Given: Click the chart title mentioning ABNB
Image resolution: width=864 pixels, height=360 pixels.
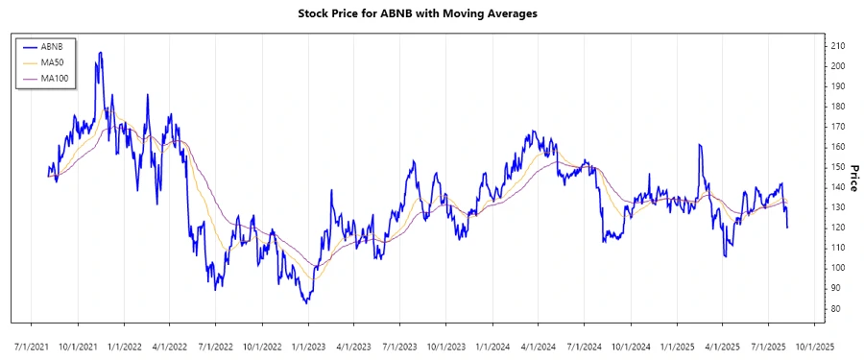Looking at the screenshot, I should (432, 15).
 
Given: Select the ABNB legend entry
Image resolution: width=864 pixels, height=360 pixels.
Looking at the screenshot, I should (53, 46).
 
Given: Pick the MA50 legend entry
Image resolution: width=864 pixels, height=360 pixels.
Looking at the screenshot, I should (54, 61).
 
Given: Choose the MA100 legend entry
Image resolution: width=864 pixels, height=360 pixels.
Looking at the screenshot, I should (56, 77).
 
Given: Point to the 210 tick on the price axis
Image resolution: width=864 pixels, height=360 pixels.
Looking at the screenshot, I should (838, 46).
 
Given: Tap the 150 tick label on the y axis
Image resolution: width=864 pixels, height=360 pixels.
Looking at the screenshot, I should (838, 167).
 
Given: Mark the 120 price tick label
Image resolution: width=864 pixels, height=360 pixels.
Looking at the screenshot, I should (838, 228).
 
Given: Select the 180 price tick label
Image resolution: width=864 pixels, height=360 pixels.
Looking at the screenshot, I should (838, 107).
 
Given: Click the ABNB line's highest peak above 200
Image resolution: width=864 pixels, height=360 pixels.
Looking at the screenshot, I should (100, 53).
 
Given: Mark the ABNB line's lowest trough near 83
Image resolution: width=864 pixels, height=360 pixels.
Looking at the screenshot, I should (306, 303).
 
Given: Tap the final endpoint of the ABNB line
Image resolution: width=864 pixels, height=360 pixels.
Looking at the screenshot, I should (788, 228).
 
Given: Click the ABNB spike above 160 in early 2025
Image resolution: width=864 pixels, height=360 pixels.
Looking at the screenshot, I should (700, 145).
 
